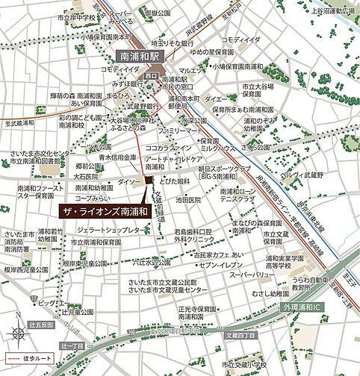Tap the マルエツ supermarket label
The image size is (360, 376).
190,71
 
